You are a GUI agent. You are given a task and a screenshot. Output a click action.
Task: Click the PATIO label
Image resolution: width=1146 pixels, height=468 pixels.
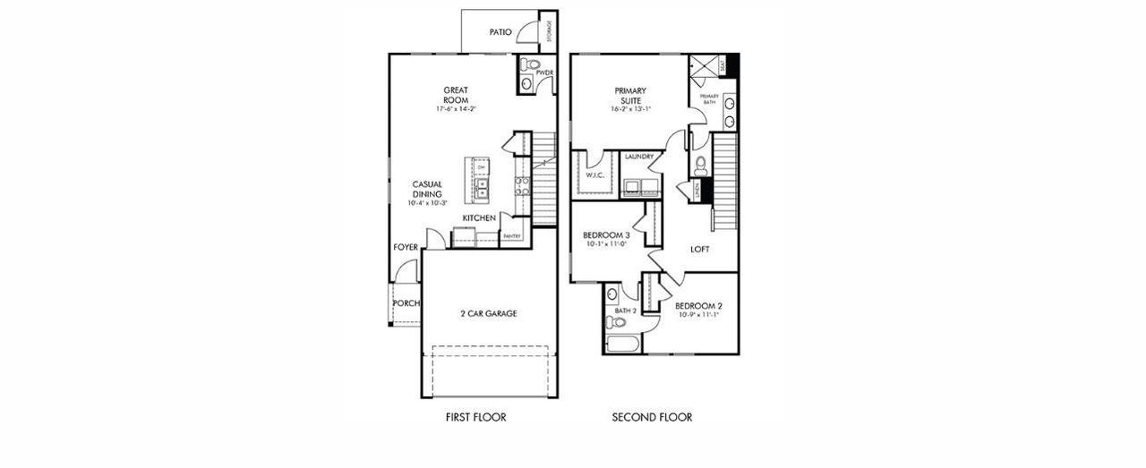(500, 32)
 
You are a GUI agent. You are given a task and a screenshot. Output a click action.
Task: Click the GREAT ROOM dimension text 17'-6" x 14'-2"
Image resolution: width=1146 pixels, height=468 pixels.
(456, 109)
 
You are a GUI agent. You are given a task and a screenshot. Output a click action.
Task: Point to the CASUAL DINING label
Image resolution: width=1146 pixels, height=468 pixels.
(427, 189)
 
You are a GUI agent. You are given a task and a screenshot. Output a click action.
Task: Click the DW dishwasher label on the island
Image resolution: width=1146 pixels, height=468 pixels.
(481, 167)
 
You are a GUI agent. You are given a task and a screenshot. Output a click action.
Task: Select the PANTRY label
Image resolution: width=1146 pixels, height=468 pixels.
(512, 236)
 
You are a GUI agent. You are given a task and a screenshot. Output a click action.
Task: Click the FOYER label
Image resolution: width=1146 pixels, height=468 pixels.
(406, 247)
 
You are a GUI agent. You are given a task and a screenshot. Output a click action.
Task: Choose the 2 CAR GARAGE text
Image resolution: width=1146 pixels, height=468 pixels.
(488, 313)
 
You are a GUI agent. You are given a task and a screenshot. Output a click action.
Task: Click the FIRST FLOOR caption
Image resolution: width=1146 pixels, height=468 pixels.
(476, 417)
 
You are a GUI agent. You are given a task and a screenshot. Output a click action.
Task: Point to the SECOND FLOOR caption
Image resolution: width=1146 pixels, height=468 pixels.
(652, 417)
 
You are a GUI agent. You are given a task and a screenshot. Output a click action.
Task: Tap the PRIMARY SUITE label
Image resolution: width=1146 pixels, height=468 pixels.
(630, 95)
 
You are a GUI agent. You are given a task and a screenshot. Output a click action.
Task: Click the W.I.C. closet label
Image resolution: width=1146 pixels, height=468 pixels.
(597, 175)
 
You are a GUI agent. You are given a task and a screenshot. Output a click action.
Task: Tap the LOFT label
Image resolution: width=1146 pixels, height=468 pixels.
(700, 250)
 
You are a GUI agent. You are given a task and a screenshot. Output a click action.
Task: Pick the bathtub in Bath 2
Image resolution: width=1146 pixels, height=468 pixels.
(621, 345)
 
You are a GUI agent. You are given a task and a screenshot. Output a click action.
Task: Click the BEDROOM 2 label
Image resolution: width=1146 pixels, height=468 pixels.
(698, 305)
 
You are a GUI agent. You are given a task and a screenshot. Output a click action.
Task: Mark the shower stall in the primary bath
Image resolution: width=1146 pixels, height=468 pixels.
(705, 65)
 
